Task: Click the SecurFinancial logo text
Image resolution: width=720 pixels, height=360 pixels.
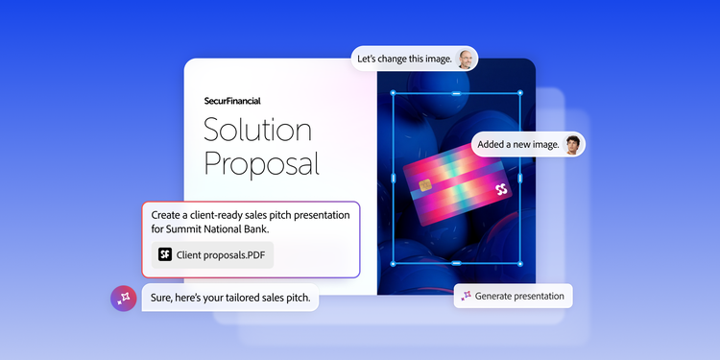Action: (x=232, y=101)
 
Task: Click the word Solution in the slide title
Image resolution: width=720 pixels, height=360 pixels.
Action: (x=257, y=129)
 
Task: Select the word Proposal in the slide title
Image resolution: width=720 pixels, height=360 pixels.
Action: (x=261, y=164)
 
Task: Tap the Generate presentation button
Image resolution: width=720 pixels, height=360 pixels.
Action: (x=513, y=297)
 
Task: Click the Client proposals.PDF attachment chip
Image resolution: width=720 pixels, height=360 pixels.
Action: (x=212, y=254)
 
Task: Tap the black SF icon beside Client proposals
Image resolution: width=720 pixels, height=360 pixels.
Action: (x=165, y=254)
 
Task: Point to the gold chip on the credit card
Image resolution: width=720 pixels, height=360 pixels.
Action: (x=425, y=185)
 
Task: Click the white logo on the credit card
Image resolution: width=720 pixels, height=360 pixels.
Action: (x=501, y=190)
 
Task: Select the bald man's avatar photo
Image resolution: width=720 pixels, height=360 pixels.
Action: (x=466, y=60)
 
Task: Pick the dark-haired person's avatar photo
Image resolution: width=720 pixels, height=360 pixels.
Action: (x=572, y=145)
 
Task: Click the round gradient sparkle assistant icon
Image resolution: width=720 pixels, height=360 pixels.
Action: (x=124, y=299)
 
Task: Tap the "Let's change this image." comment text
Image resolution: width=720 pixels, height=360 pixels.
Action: (x=404, y=60)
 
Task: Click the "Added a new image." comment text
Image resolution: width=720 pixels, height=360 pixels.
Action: (x=518, y=145)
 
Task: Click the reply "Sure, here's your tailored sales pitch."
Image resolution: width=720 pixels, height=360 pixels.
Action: (x=230, y=298)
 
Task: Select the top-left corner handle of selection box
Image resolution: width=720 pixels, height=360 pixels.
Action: (x=393, y=93)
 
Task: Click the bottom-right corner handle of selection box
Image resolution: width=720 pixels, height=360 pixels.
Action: (x=520, y=264)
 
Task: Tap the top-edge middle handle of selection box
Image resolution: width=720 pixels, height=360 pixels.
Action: (x=456, y=93)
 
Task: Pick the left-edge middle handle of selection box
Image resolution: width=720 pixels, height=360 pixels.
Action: (x=393, y=179)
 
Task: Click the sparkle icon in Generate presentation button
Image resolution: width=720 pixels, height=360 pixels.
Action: (x=466, y=296)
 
